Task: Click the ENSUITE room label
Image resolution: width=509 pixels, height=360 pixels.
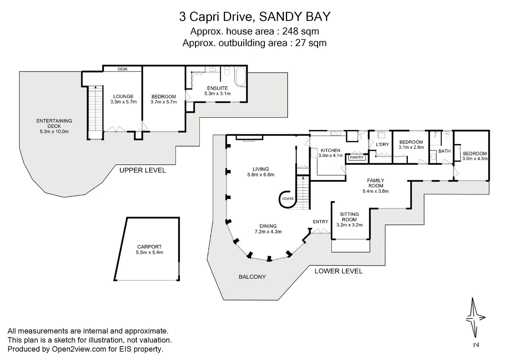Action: pos(218,88)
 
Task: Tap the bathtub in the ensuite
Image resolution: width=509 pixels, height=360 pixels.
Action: pos(240,76)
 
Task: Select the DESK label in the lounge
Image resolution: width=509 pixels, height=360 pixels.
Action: pos(122,69)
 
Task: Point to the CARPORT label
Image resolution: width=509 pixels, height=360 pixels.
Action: pos(149,247)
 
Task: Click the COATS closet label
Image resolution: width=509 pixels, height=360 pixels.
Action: pos(288,199)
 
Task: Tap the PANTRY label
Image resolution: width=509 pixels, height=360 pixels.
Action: pos(357,158)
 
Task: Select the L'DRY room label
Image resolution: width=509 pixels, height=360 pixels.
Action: pos(382,144)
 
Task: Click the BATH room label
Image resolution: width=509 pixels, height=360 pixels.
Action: pos(444,151)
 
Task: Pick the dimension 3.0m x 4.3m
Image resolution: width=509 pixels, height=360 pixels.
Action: pos(475,159)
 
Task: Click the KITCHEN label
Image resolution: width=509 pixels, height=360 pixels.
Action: pos(331,151)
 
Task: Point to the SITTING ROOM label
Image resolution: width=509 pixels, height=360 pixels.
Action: pos(349,217)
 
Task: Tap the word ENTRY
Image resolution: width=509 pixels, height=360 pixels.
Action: pos(320,222)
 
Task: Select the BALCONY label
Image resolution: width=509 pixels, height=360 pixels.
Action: pos(252,277)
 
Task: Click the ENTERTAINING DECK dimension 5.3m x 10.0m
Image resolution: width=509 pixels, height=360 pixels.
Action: pos(54,132)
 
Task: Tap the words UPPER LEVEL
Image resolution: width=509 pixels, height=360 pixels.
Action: pos(142,170)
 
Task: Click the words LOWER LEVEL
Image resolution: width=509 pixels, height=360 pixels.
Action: pos(338,271)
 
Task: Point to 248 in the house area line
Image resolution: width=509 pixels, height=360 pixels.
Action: pos(290,31)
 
